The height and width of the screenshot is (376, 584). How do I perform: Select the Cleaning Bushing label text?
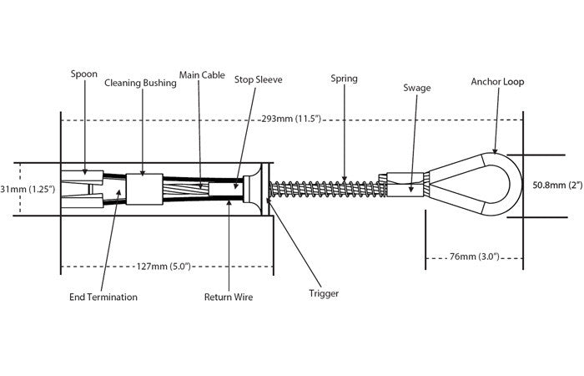pos(139,83)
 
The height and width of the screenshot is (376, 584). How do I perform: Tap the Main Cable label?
pos(202,75)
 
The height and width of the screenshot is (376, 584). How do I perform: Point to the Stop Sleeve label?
pos(259,81)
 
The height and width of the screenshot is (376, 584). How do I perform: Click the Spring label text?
pos(344,79)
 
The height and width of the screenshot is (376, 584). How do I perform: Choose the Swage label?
pos(416,87)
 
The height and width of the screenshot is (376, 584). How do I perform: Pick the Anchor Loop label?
pos(498,82)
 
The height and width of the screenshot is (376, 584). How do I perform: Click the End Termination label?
pos(103,297)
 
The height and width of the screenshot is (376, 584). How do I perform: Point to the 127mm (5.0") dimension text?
pos(162,267)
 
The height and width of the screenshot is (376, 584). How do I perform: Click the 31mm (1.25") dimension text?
pos(28,189)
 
